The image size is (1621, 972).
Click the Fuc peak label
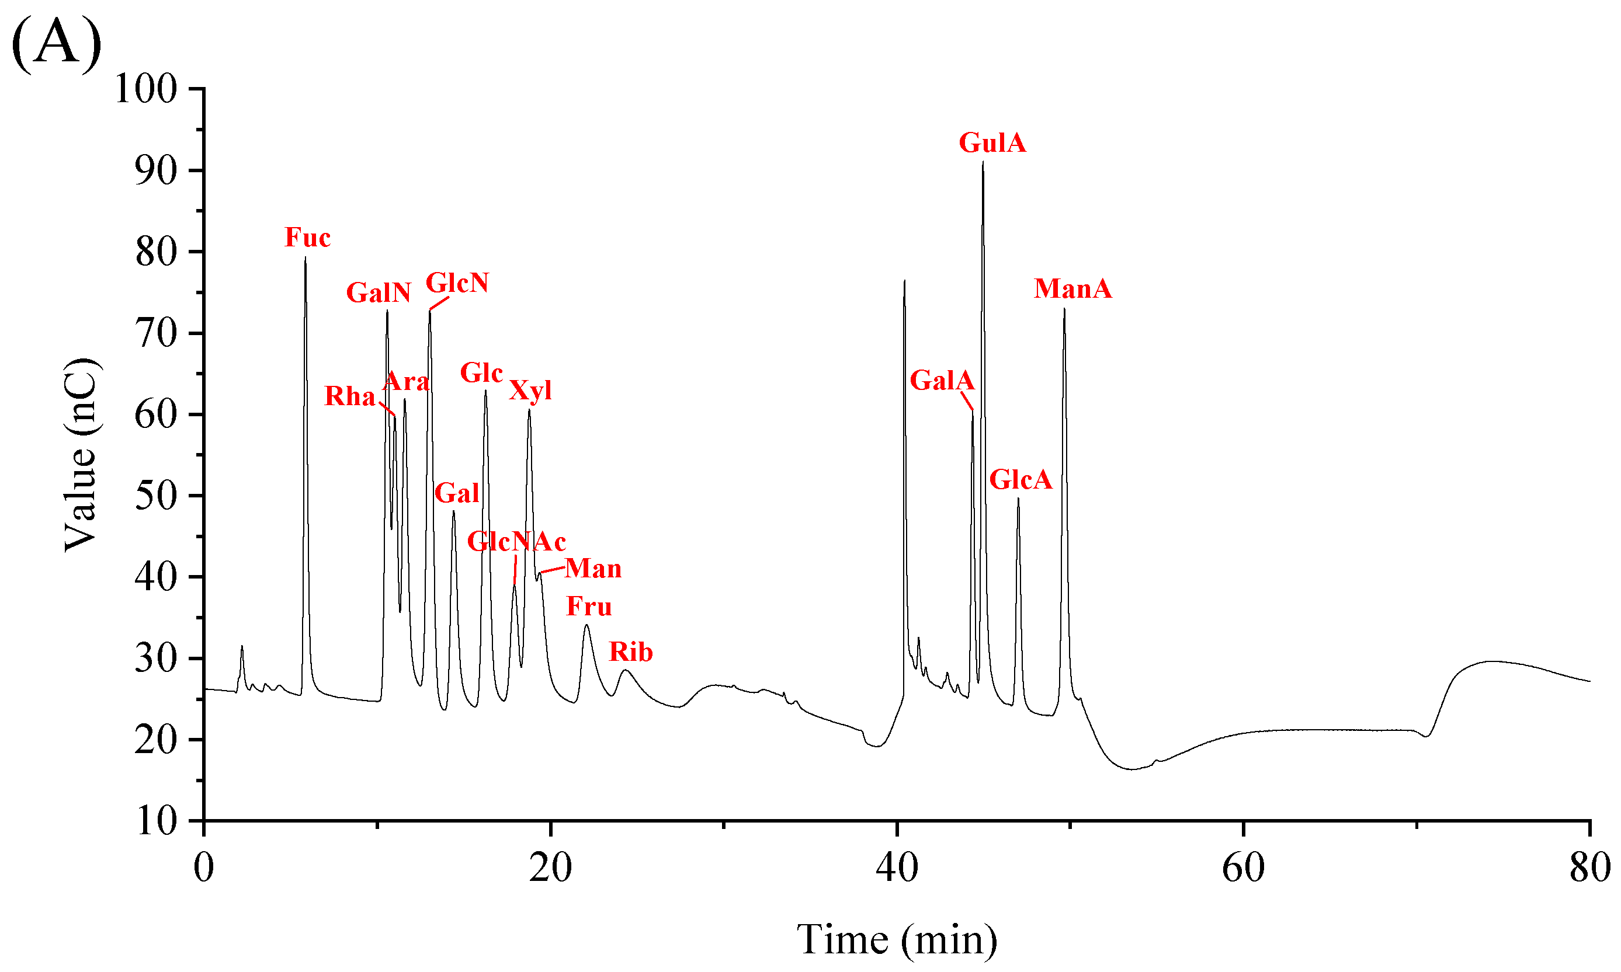[307, 238]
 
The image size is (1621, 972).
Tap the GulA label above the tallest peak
[991, 143]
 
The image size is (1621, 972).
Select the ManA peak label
[1072, 289]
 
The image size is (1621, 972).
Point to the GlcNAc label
[516, 542]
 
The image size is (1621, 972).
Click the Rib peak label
[630, 652]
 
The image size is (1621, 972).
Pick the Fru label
[588, 607]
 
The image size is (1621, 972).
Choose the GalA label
[942, 381]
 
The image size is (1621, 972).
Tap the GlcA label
[1020, 480]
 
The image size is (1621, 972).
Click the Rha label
[349, 396]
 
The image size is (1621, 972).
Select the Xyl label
[530, 391]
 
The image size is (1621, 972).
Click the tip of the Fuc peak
[306, 258]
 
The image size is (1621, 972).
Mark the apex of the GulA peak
[982, 162]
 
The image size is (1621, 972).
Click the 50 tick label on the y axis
[156, 496]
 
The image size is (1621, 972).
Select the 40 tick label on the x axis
[896, 869]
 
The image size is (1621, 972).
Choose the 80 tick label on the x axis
[1589, 869]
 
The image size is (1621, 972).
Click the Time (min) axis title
[896, 940]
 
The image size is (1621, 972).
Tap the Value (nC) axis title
[81, 455]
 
